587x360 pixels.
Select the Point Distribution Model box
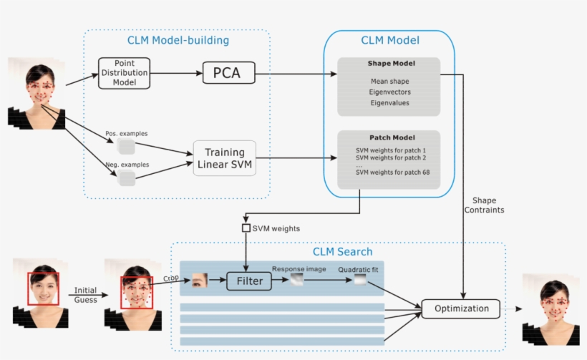(x=125, y=73)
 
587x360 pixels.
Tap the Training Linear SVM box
(x=224, y=158)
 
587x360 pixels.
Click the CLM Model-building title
(x=178, y=41)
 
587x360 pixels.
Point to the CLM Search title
(x=342, y=251)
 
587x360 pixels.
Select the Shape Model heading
(x=391, y=64)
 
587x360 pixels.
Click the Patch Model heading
(x=391, y=137)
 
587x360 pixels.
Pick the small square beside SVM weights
(x=246, y=228)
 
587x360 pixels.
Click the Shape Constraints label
(x=485, y=205)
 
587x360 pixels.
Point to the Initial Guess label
(x=86, y=295)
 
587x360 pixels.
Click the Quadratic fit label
(x=359, y=268)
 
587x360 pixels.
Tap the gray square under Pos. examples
(x=126, y=147)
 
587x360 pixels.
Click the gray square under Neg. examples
(x=127, y=178)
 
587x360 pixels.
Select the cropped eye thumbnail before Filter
(x=200, y=280)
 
